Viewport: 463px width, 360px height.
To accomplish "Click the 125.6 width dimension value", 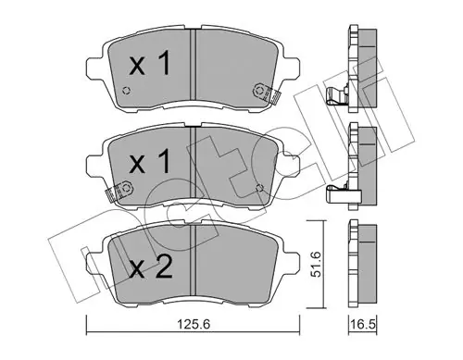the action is pyautogui.click(x=194, y=324).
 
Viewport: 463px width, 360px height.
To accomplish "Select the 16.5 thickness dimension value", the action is pyautogui.click(x=363, y=324).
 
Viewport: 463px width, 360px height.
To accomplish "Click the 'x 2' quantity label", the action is pyautogui.click(x=151, y=267).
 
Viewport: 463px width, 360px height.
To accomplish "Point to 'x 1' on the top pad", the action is pyautogui.click(x=150, y=64).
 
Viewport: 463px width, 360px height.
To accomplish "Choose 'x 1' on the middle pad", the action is pyautogui.click(x=150, y=161).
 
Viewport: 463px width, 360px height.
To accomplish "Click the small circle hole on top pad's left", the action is pyautogui.click(x=127, y=91).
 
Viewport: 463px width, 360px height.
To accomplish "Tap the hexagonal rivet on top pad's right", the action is pyautogui.click(x=258, y=91).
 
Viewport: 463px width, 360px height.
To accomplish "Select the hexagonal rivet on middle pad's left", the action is pyautogui.click(x=126, y=188).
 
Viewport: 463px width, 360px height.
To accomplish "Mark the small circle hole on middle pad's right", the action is pyautogui.click(x=260, y=188).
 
